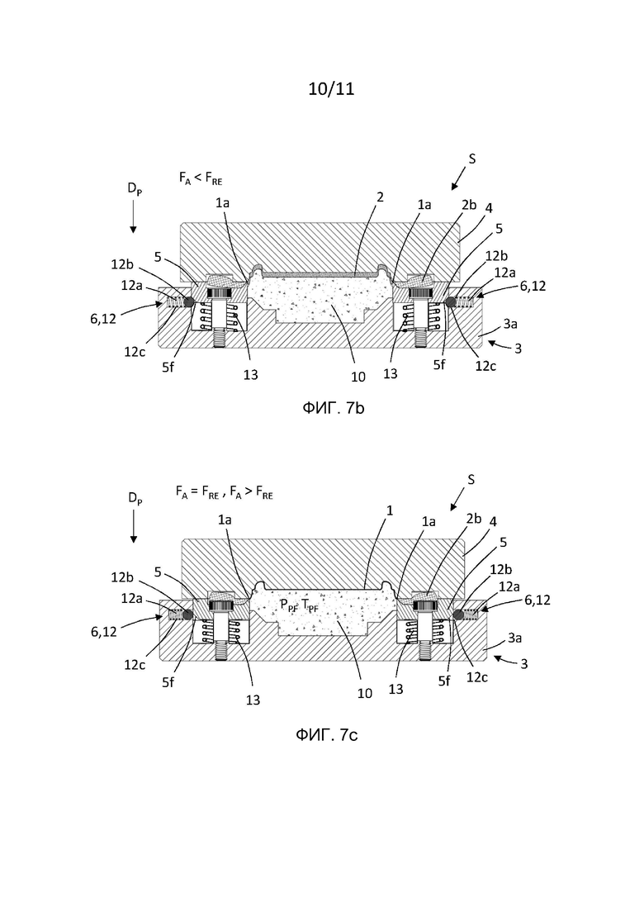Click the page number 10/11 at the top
coord(331,89)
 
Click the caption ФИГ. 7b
coord(334,409)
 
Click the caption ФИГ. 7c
coord(327,735)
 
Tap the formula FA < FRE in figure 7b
coord(201,178)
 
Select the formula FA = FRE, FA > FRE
coord(224,493)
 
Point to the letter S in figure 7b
coord(472,159)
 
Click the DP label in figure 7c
coord(135,499)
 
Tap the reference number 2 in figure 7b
coord(381,197)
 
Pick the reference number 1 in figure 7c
coord(391,510)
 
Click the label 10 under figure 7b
coord(358,377)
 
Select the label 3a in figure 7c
coord(515,638)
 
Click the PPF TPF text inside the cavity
coord(299,605)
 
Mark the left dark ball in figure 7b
coord(187,301)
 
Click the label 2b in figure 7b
coord(469,205)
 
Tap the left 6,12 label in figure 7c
coord(103,632)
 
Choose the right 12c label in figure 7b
coord(485,366)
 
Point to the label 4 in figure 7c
coord(493,522)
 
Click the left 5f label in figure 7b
coord(168,368)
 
